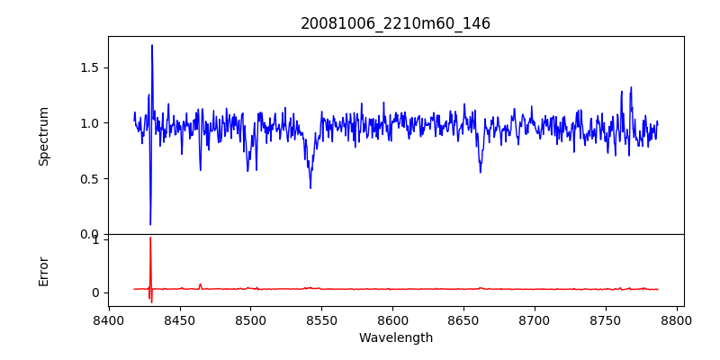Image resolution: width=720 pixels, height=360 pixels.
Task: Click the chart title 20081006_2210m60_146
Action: pos(395,23)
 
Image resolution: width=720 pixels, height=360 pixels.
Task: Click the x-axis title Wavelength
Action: pos(395,337)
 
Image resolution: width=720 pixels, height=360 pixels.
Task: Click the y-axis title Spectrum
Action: pos(43,136)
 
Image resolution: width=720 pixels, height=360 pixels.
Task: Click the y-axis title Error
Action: pos(43,271)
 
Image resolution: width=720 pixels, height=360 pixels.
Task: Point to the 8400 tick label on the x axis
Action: pos(109,320)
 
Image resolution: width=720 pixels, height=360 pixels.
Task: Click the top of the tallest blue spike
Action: pos(152,45)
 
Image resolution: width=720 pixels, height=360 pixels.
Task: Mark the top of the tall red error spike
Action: pos(150,238)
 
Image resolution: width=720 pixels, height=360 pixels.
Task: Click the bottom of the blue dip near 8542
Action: pos(310,188)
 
